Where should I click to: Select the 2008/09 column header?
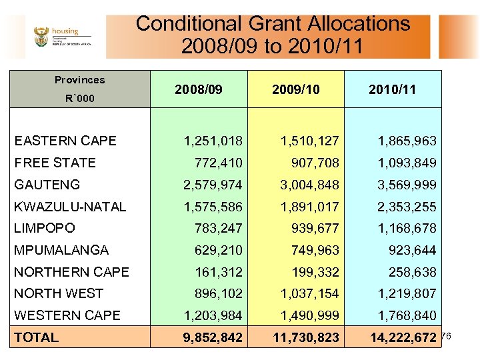(x=199, y=89)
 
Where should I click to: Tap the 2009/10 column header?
(x=296, y=89)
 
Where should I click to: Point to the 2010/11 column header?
(x=393, y=89)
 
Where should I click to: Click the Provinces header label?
(x=79, y=80)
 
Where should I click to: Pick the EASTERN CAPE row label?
(x=65, y=141)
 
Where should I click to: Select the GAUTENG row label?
(x=47, y=185)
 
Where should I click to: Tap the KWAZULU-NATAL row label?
(x=70, y=207)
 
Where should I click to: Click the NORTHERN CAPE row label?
(x=71, y=272)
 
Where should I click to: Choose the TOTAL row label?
(x=37, y=337)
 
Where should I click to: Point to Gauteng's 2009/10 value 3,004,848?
(x=309, y=185)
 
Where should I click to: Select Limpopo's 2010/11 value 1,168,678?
(x=407, y=228)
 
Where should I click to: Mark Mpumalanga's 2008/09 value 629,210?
(x=219, y=250)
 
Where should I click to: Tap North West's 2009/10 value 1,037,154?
(x=309, y=293)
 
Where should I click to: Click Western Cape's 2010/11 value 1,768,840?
(x=407, y=315)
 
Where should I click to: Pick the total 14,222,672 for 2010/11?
(x=403, y=337)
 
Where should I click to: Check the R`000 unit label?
(x=79, y=99)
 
